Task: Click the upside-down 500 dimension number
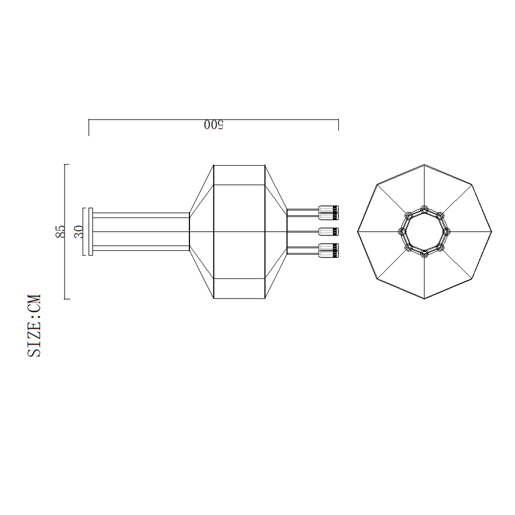(x=214, y=125)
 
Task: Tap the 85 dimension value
(x=61, y=231)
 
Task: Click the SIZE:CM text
(x=34, y=326)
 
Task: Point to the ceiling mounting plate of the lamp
(x=91, y=232)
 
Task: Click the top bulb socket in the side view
(x=328, y=213)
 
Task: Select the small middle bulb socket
(x=328, y=232)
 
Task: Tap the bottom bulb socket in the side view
(x=328, y=250)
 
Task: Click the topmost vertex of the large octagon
(x=424, y=165)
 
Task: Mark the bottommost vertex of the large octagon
(x=424, y=299)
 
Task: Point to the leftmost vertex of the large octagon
(x=358, y=232)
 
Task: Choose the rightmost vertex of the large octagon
(x=491, y=232)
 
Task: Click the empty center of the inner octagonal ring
(x=424, y=232)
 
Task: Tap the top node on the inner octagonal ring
(x=424, y=209)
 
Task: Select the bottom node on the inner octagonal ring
(x=424, y=255)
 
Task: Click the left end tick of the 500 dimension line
(x=89, y=128)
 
